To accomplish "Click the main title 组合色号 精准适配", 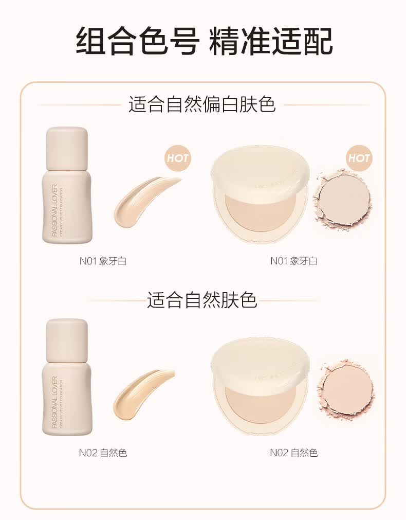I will point(204,41).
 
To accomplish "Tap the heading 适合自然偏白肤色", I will point(202,104).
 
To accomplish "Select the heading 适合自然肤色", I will point(202,300).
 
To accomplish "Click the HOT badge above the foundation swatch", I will point(178,158).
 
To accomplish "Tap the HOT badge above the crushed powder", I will point(358,158).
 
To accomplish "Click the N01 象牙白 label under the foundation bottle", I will point(103,261).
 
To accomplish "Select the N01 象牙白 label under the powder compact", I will point(294,261).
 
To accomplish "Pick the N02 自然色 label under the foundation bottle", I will point(103,453).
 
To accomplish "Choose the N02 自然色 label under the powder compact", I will point(294,453).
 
